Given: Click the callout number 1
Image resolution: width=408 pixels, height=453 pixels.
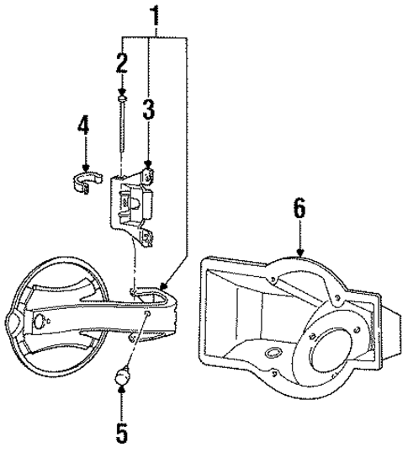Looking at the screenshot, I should [154, 14].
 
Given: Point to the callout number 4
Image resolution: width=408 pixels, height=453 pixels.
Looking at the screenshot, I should [82, 127].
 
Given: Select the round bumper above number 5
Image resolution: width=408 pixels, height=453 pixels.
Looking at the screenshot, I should [122, 377].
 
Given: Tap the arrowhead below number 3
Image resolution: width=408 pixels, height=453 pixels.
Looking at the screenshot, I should [148, 168].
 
